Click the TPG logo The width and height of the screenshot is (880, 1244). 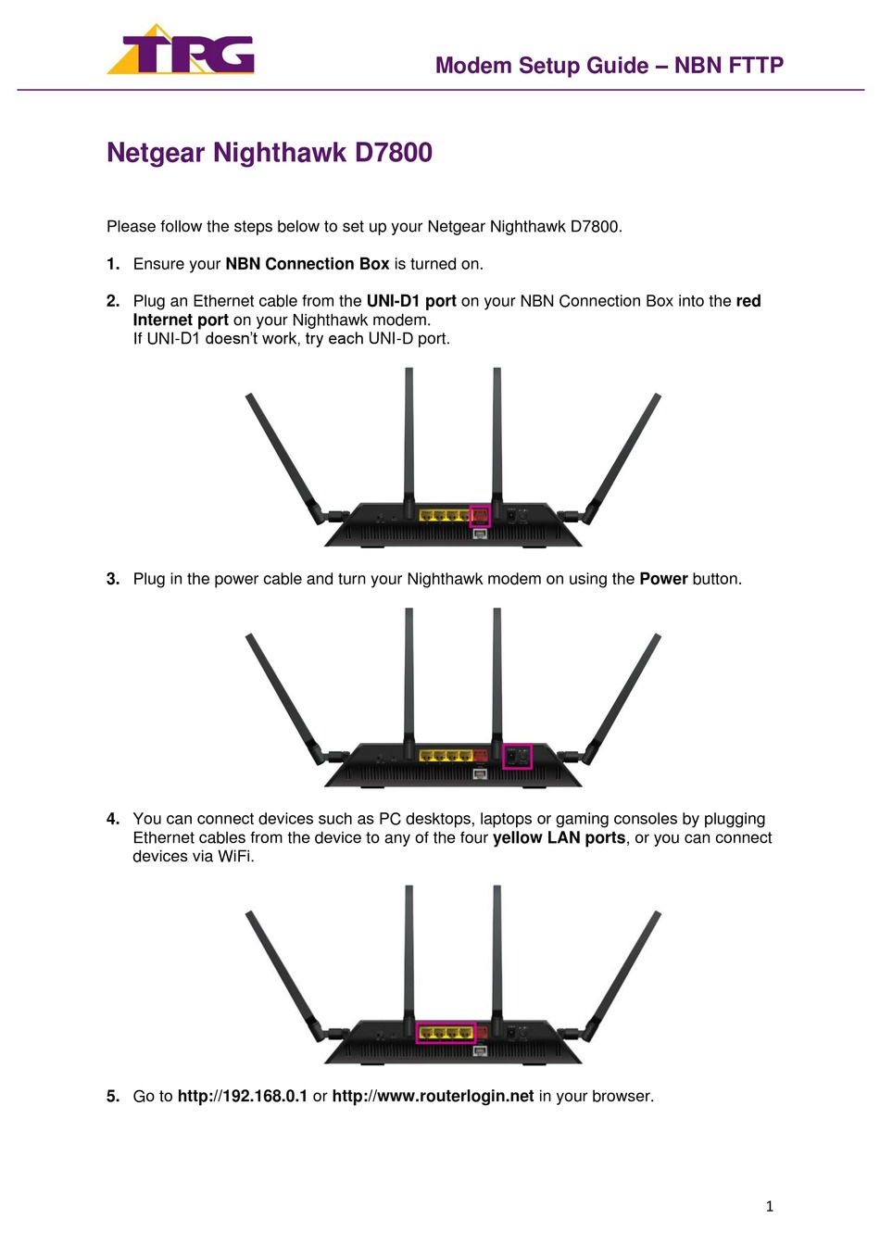point(181,49)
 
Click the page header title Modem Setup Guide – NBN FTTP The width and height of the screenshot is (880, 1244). point(610,66)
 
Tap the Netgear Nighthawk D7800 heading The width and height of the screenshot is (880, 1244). point(270,152)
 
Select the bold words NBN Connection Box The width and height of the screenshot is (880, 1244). point(307,264)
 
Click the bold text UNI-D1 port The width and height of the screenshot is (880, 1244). point(411,301)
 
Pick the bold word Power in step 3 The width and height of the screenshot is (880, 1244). point(663,579)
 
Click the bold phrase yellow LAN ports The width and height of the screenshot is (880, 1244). point(559,837)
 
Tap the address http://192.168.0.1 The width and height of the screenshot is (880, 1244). point(242,1096)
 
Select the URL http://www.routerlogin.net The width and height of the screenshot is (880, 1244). point(434,1096)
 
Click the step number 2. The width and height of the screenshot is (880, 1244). point(113,301)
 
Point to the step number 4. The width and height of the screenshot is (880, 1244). point(113,819)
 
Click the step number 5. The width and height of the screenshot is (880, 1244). point(113,1096)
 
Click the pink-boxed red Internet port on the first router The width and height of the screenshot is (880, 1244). point(480,516)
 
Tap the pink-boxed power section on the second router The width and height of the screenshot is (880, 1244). point(517,757)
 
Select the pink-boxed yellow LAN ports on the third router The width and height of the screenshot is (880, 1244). point(446,1033)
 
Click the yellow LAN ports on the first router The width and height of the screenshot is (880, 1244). point(445,515)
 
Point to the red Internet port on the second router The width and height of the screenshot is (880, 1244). point(480,755)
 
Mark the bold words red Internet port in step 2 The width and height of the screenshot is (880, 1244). point(446,310)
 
